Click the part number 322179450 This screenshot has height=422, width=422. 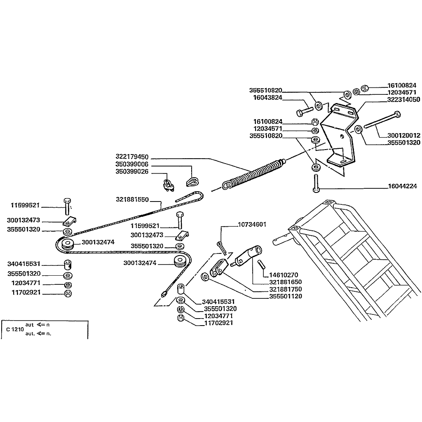point(132,157)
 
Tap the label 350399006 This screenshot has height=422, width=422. point(132,164)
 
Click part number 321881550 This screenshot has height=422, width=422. point(132,199)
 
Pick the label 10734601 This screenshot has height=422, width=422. point(252,225)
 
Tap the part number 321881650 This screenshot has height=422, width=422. point(286,282)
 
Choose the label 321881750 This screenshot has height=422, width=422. point(286,289)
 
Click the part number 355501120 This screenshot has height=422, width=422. point(286,296)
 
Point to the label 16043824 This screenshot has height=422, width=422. point(268,98)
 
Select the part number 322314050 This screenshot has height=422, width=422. point(404,99)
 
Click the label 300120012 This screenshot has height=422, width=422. point(404,135)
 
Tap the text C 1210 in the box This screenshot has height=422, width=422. point(15,329)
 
